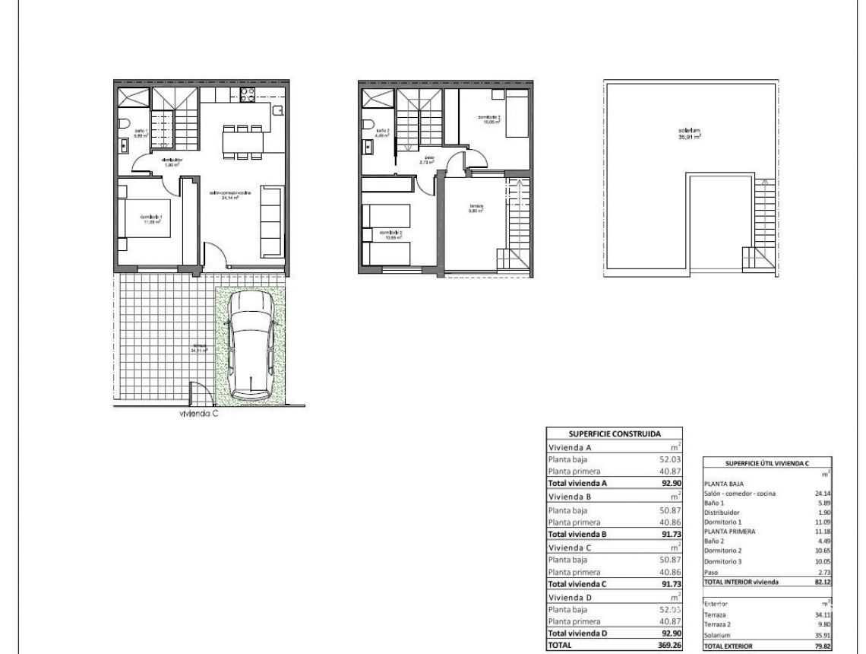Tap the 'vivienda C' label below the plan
coord(199,414)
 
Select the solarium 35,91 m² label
coord(690,135)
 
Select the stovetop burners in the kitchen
coord(247,95)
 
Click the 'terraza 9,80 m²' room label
coord(476,208)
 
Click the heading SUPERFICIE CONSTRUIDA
coord(615,433)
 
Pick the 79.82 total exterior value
coord(822,646)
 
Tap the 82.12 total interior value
coord(822,582)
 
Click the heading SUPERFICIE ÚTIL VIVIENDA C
coord(766,462)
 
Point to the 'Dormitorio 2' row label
coord(724,550)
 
